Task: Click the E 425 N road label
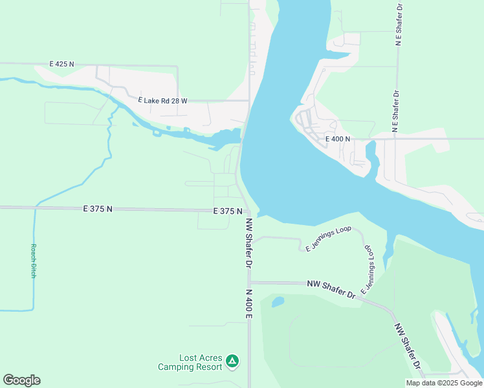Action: [x=62, y=65]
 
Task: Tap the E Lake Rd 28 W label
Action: [x=162, y=101]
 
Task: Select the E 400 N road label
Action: [x=337, y=139]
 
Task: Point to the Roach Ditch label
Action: [x=34, y=261]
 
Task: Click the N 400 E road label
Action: [x=248, y=303]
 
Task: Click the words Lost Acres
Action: [x=201, y=358]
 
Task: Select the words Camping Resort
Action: [x=190, y=367]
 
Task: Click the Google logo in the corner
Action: [x=21, y=380]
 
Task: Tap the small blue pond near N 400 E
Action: [x=278, y=301]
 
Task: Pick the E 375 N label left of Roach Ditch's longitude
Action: [x=98, y=209]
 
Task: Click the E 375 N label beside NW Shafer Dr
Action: [x=228, y=211]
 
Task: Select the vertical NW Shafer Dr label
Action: [x=248, y=242]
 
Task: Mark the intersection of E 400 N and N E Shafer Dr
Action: [x=397, y=138]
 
